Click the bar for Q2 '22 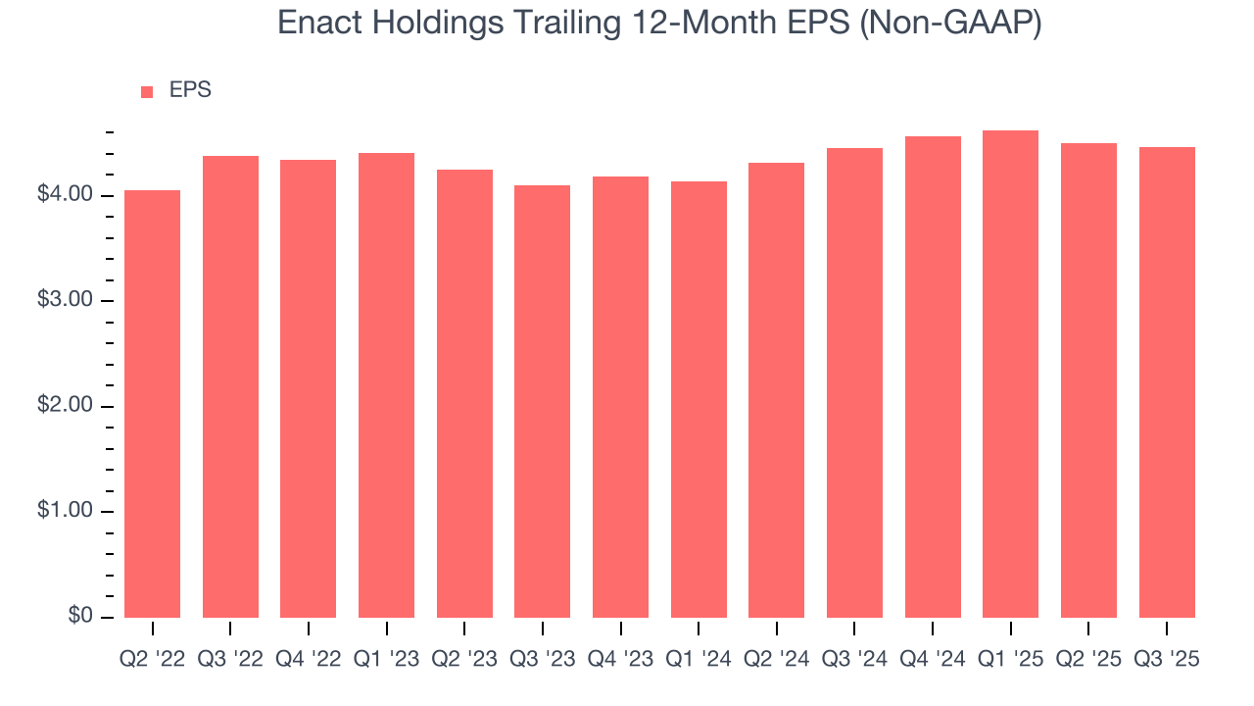click(152, 403)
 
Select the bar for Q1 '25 click(1010, 374)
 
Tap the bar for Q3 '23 click(542, 401)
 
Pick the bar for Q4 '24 click(933, 377)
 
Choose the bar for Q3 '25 click(1167, 381)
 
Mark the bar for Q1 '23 click(386, 384)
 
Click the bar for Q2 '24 click(776, 389)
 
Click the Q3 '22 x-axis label click(230, 659)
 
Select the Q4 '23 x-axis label click(620, 659)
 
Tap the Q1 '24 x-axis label click(699, 659)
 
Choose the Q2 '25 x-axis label click(1088, 659)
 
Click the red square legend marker click(147, 91)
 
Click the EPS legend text click(190, 90)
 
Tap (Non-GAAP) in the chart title click(949, 23)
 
